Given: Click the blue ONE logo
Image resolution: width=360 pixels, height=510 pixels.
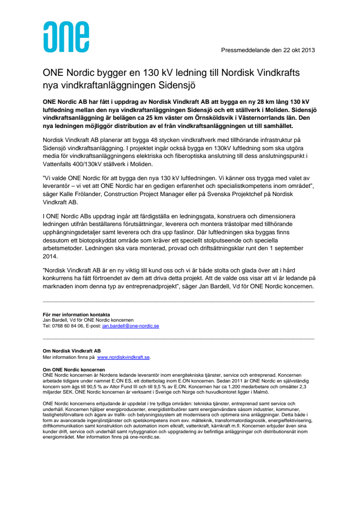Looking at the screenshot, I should tap(66, 37).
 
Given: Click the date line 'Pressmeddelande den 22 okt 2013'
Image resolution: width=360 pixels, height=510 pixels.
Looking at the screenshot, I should tap(268, 50).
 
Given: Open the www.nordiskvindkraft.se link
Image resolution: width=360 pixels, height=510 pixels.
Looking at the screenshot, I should tap(124, 357).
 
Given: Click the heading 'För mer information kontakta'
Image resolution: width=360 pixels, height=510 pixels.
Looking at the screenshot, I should tap(77, 314).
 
